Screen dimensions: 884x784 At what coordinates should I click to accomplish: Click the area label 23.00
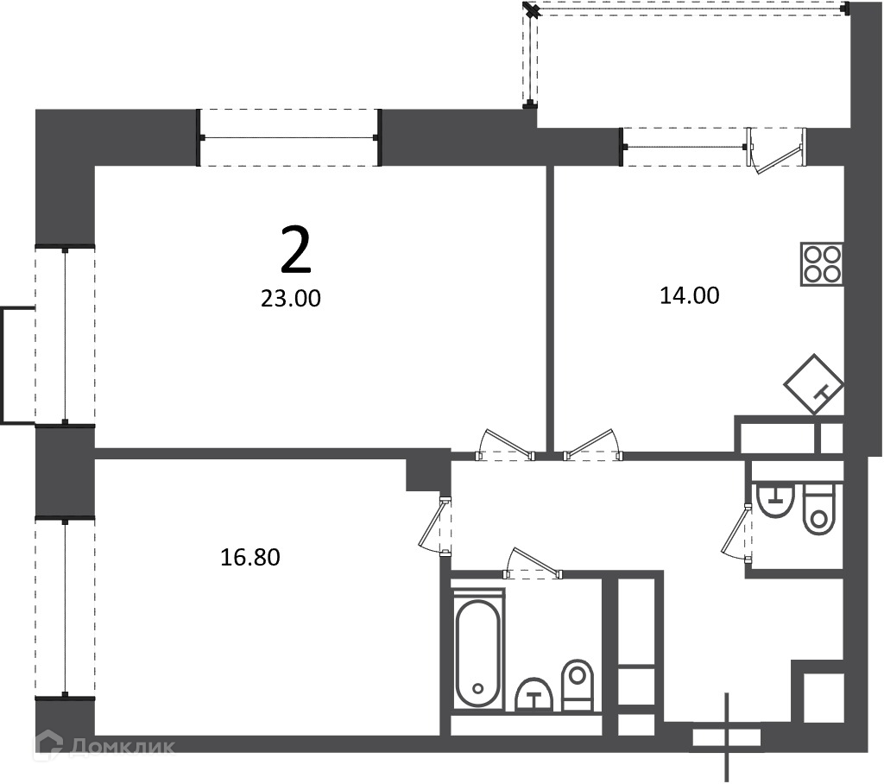pyautogui.click(x=290, y=299)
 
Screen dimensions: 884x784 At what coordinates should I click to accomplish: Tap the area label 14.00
pyautogui.click(x=690, y=295)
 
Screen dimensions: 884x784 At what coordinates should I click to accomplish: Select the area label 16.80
pyautogui.click(x=249, y=557)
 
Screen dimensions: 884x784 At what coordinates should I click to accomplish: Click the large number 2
pyautogui.click(x=295, y=249)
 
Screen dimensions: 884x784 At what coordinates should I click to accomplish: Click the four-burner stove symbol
pyautogui.click(x=822, y=264)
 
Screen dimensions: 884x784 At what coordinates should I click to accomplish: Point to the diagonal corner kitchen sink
pyautogui.click(x=814, y=384)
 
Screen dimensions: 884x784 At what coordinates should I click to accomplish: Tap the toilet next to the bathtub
pyautogui.click(x=578, y=685)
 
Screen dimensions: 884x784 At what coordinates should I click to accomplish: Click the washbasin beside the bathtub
pyautogui.click(x=534, y=694)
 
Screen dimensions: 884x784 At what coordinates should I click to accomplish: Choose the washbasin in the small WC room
pyautogui.click(x=776, y=500)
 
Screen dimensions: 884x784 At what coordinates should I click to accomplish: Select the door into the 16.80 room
pyautogui.click(x=435, y=527)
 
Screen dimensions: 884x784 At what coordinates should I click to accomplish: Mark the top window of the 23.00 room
pyautogui.click(x=289, y=137)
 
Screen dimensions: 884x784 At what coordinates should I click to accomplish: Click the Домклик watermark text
pyautogui.click(x=123, y=746)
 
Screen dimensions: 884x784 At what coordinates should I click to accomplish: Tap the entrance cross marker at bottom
pyautogui.click(x=727, y=737)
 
